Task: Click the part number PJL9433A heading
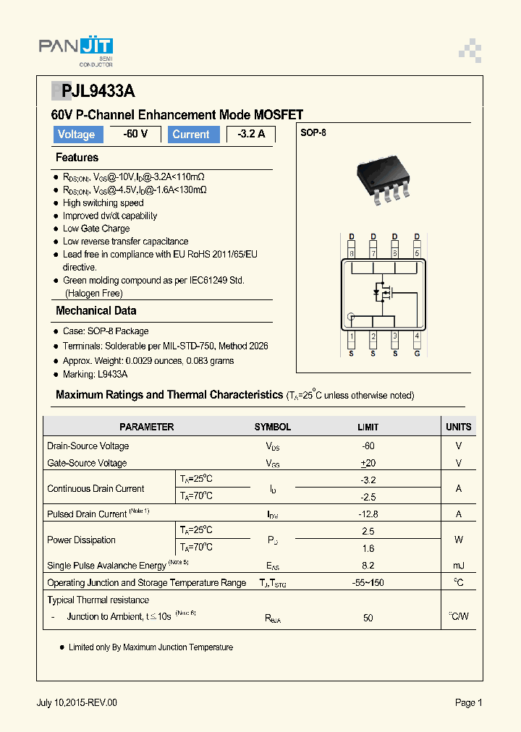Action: pos(93,91)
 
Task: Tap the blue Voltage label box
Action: pos(76,135)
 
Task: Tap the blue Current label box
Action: pos(191,135)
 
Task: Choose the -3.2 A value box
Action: pos(250,135)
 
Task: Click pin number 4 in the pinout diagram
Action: pos(417,336)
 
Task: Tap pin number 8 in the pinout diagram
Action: pos(352,253)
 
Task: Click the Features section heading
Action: pos(77,158)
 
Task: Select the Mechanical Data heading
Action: pos(96,311)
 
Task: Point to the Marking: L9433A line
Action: pos(95,374)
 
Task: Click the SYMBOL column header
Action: pos(273,427)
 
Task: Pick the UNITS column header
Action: pos(459,427)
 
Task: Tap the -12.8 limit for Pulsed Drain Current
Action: pos(368,514)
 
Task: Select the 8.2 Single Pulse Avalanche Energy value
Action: pos(368,566)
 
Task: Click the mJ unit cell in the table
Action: pos(459,566)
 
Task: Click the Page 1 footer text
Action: pos(468,702)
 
